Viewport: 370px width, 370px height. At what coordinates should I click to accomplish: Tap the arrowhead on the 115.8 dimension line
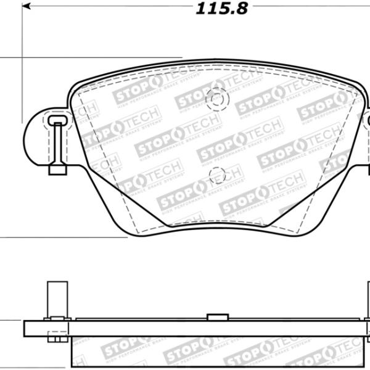27,7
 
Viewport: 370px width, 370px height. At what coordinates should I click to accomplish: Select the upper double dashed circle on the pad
217,99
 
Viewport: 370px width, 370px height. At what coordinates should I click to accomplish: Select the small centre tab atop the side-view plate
218,318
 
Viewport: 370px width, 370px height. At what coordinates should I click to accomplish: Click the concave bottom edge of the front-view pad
216,224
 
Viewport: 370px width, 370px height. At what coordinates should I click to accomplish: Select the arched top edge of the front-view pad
216,63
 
